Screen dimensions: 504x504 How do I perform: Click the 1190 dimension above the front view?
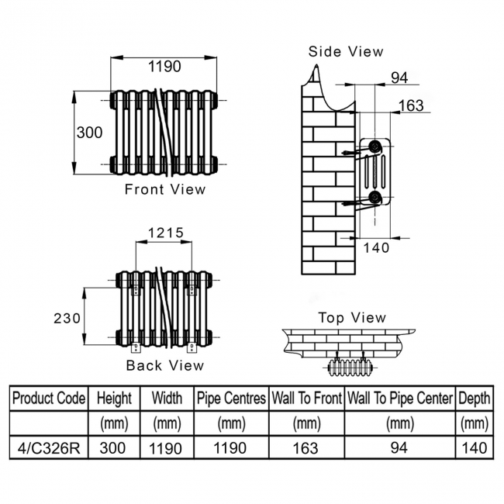(x=164, y=67)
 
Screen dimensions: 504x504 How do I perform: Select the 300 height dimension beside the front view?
(x=89, y=133)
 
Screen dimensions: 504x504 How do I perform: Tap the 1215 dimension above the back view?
(x=165, y=233)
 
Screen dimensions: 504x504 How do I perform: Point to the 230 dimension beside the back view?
(x=67, y=319)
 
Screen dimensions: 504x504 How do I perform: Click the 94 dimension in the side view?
(x=399, y=78)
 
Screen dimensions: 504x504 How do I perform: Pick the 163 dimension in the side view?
(x=411, y=105)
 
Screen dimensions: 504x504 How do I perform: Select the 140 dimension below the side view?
(x=376, y=248)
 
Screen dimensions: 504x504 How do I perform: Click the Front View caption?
(x=165, y=189)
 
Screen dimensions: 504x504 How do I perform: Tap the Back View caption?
(x=165, y=365)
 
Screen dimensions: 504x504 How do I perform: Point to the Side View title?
(x=346, y=51)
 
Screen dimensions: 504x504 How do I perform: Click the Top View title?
(x=352, y=318)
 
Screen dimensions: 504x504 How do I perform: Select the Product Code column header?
(x=49, y=398)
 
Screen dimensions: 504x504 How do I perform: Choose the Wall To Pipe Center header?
(x=400, y=398)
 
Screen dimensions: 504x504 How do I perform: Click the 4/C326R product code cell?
(x=49, y=447)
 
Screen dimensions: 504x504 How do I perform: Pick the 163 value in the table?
(x=306, y=447)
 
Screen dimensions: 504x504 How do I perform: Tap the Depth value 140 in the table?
(x=475, y=447)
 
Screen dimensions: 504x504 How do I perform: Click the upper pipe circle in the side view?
(x=375, y=147)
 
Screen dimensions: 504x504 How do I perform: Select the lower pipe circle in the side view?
(x=375, y=197)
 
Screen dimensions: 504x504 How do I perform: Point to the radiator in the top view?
(x=350, y=368)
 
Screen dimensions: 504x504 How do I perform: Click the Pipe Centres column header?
(x=231, y=398)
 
